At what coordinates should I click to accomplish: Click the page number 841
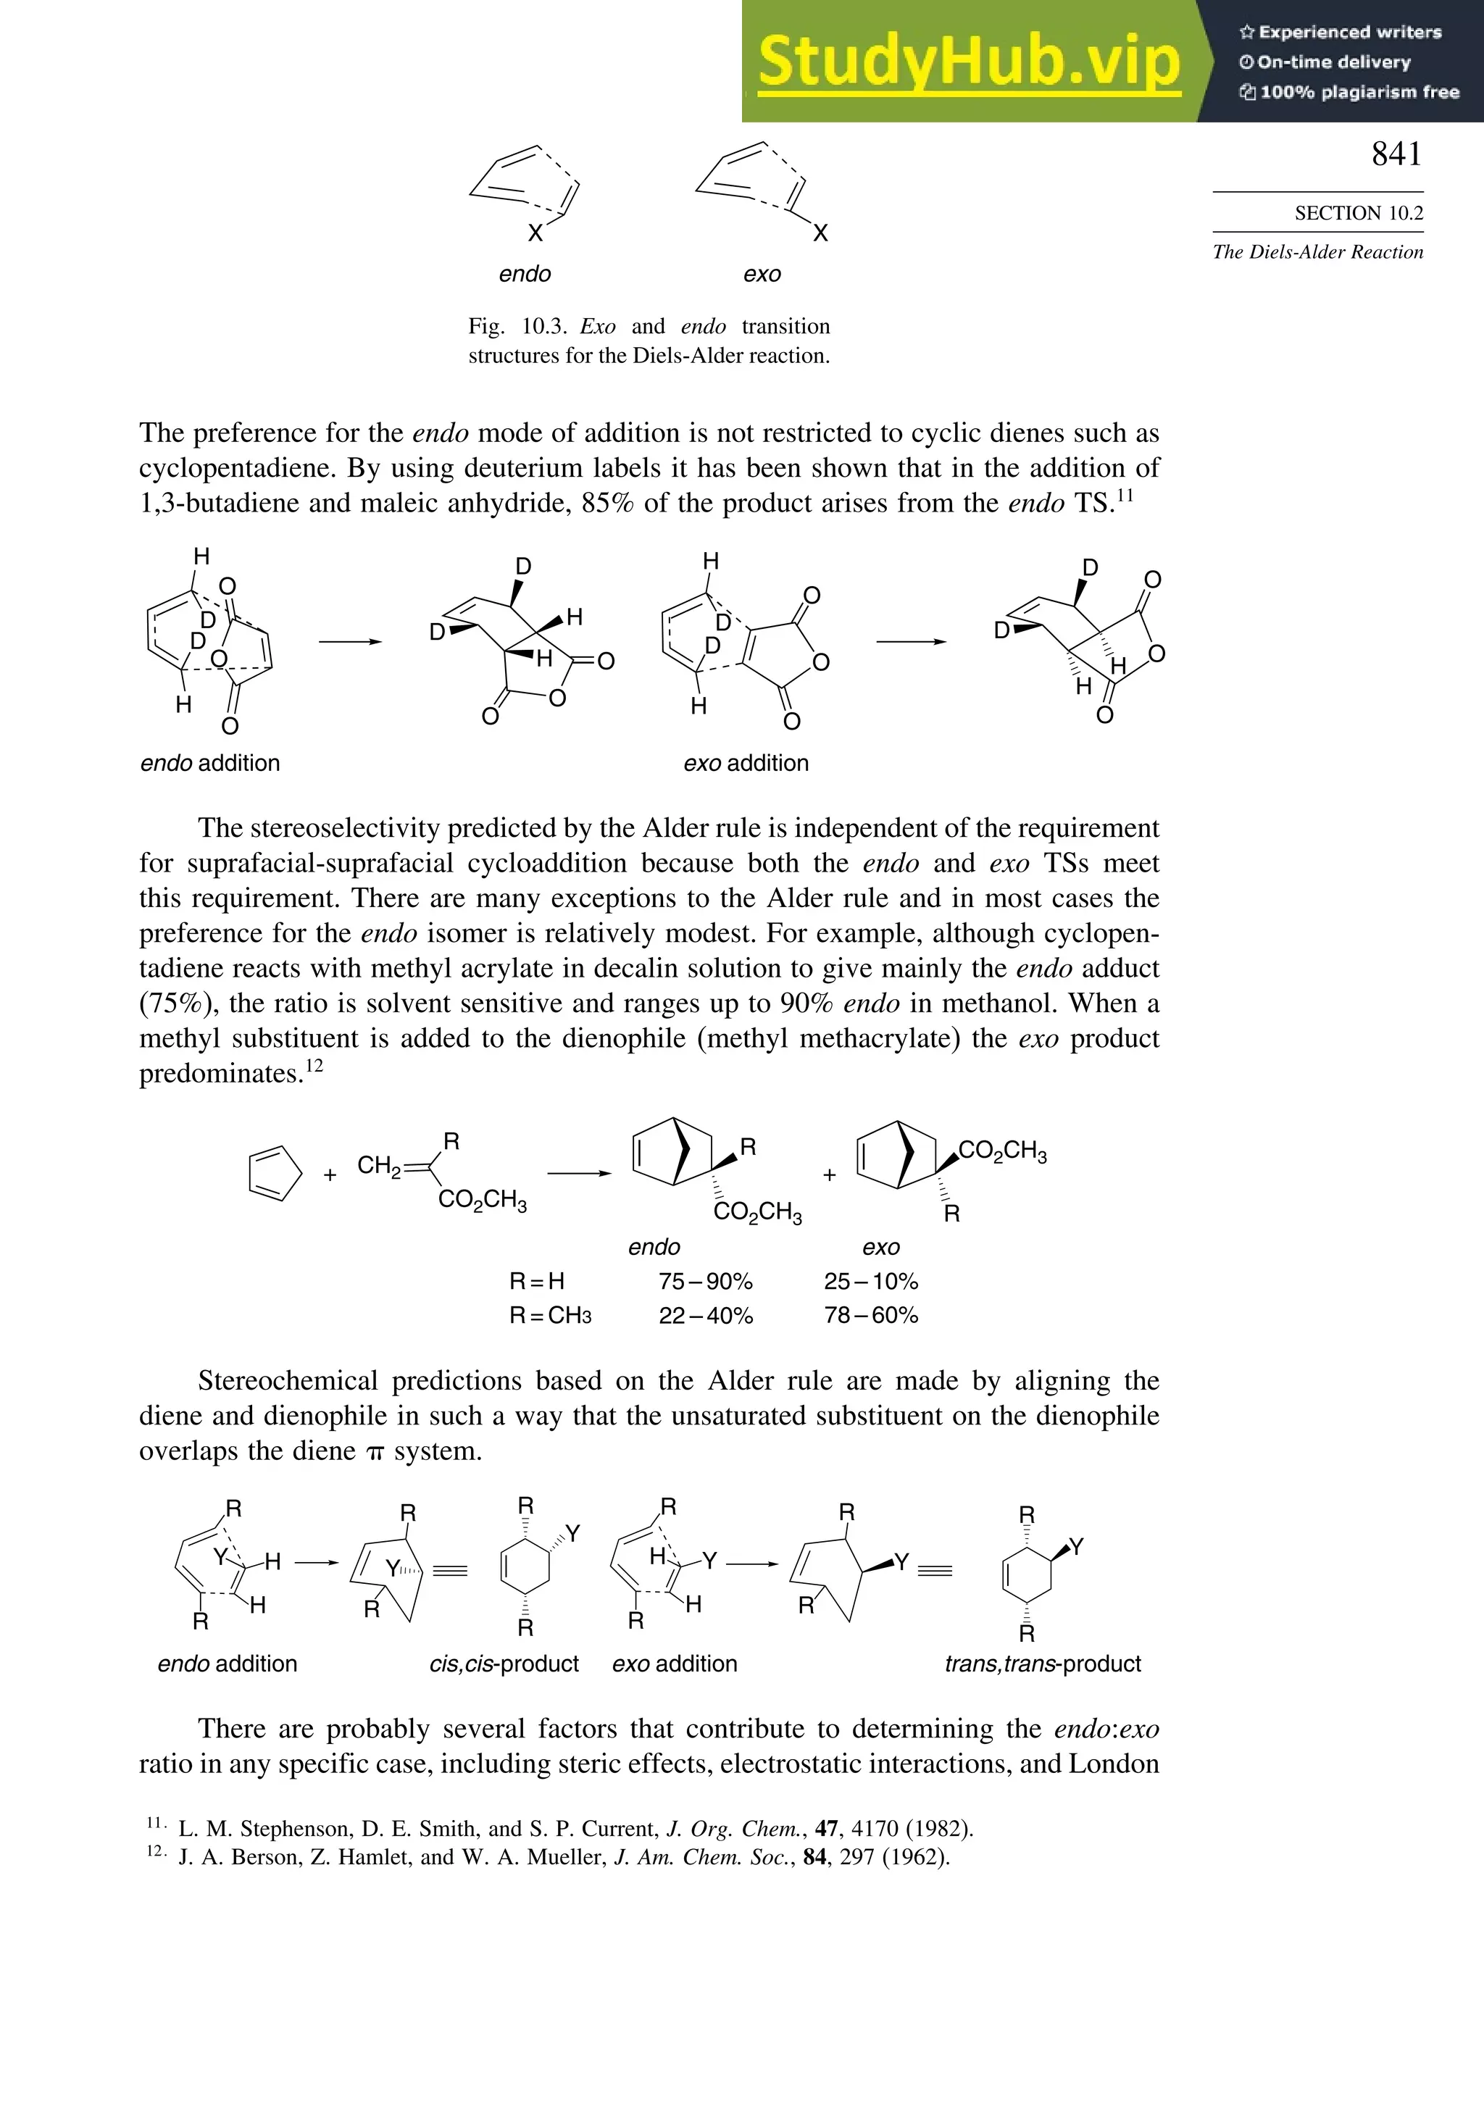[x=1396, y=154]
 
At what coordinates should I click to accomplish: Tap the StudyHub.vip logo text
[x=969, y=62]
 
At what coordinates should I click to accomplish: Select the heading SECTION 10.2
[x=1359, y=213]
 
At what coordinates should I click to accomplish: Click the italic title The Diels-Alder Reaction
[x=1318, y=252]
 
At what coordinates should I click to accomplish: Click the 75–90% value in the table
[x=706, y=1282]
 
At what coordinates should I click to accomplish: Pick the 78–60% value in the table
[x=871, y=1316]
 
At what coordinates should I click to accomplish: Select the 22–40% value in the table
[x=706, y=1316]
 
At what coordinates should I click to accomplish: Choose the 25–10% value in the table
[x=871, y=1282]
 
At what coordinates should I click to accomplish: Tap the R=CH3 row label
[x=551, y=1316]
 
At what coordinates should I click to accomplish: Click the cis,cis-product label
[x=504, y=1664]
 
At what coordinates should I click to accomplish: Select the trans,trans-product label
[x=1043, y=1664]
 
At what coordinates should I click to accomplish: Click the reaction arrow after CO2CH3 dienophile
[x=579, y=1174]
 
